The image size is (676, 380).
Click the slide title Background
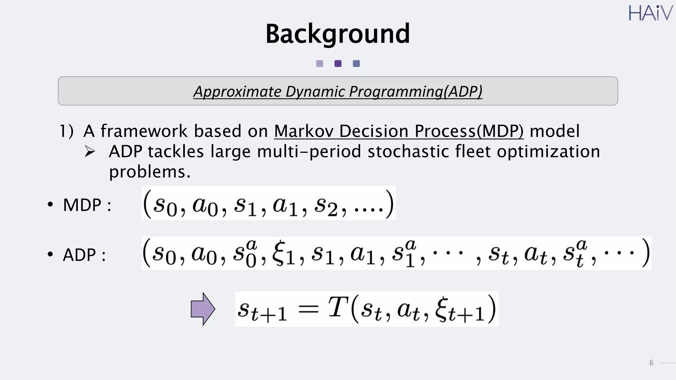[x=337, y=34]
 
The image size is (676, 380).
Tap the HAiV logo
[x=650, y=13]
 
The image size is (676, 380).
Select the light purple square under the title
[x=320, y=64]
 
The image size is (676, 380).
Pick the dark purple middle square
[x=338, y=64]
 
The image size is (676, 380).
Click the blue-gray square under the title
[x=356, y=64]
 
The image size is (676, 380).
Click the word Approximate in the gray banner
[x=237, y=92]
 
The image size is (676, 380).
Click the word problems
[x=150, y=172]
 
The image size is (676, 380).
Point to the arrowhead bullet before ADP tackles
[x=90, y=151]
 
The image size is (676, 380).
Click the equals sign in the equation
[x=308, y=309]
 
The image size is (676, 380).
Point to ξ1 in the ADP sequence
[x=283, y=254]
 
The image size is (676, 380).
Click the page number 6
[x=651, y=363]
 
